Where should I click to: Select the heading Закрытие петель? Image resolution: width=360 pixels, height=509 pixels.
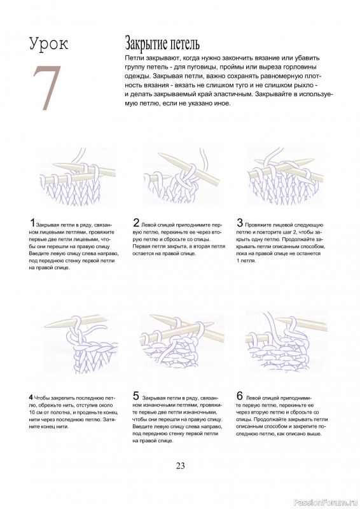tap(162, 44)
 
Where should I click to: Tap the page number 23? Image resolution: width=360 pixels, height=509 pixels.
tap(180, 466)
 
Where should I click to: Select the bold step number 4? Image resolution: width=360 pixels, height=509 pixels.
tap(31, 396)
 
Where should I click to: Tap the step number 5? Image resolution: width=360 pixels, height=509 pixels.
tap(136, 395)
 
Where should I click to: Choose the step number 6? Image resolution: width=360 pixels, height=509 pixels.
tap(239, 395)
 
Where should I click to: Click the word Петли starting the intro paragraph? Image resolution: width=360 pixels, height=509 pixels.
tap(136, 58)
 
